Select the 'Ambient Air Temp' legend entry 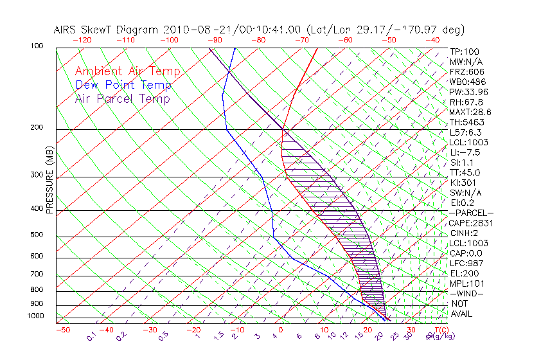click(x=128, y=71)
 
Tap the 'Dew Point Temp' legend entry click(x=123, y=85)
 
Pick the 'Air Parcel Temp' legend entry click(x=123, y=98)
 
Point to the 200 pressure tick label click(x=37, y=127)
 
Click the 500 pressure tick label click(x=37, y=235)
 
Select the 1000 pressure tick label click(x=35, y=316)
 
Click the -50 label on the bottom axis click(x=62, y=330)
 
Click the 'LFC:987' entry click(x=467, y=263)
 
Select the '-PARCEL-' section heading click(x=471, y=213)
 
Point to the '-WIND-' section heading click(x=467, y=293)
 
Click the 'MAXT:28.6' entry click(x=470, y=113)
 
